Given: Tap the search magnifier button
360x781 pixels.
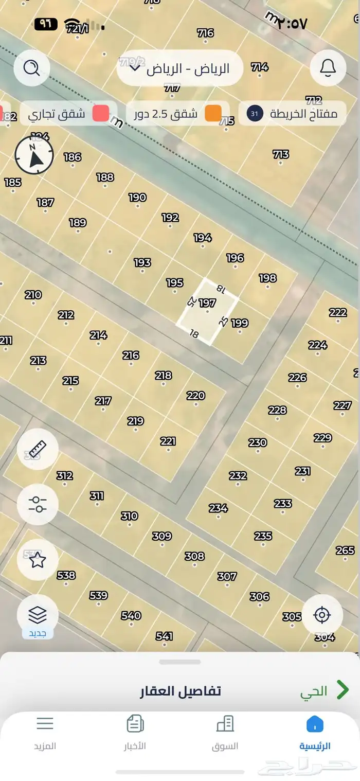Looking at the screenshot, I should point(32,68).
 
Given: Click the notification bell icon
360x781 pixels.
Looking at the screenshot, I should point(328,68).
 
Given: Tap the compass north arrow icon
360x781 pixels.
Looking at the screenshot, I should point(34,156).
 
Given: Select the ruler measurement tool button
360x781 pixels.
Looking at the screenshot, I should point(37,449).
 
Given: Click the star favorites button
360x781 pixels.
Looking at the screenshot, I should point(37,560).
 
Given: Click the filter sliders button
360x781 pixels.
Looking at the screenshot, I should point(37,504).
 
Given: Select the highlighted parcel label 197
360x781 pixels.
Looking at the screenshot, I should point(207,303).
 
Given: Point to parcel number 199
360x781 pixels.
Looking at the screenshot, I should point(240,323).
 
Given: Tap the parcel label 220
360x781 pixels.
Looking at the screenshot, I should point(195,396).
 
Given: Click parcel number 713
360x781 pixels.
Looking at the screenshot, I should point(281,154).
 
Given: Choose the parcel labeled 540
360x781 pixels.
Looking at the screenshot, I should point(131,615).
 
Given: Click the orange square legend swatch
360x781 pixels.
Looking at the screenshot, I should point(213,114).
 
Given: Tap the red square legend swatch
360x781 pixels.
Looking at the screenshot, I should point(101,114).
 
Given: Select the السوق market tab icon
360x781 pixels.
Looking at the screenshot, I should point(225,724).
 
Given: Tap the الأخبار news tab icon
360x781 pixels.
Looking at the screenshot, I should point(135,724).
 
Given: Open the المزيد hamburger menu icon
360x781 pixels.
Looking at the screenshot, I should point(45,724).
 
